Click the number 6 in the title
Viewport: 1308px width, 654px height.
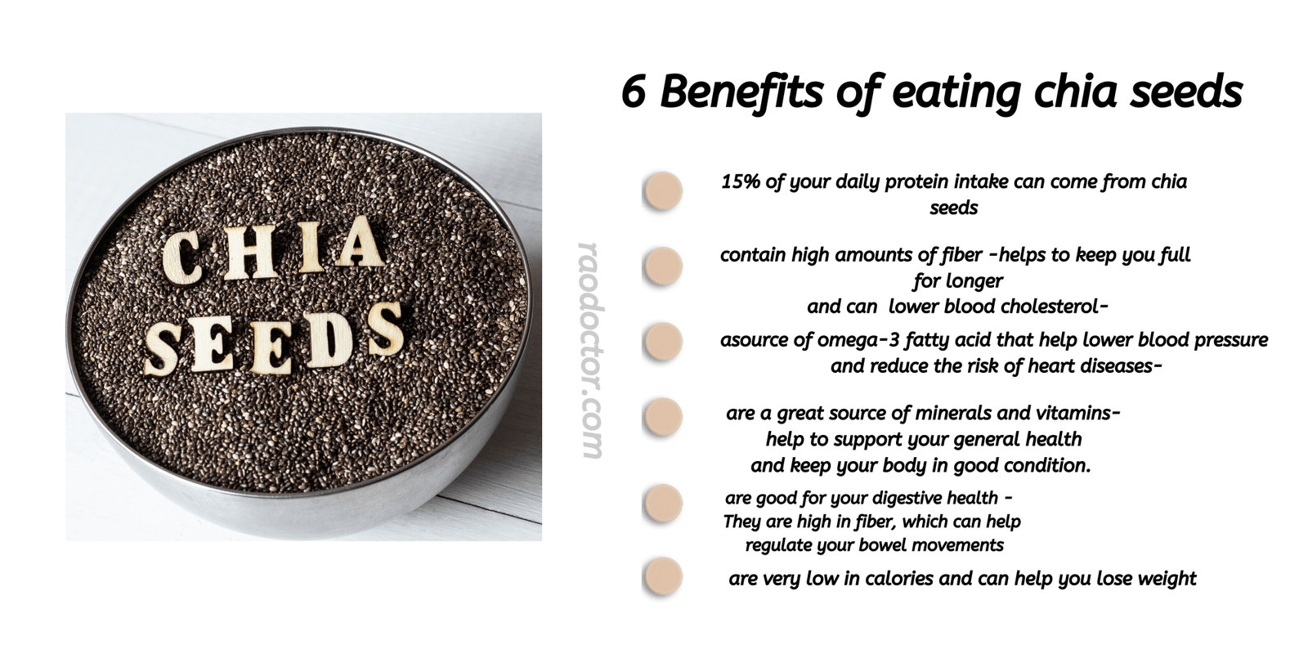tap(634, 91)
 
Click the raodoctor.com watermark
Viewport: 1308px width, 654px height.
tap(590, 350)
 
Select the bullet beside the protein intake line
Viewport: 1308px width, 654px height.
tap(662, 191)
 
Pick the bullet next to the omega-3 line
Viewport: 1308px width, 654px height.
tap(662, 342)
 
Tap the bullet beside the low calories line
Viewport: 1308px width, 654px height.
tap(662, 576)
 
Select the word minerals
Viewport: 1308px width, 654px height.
tap(950, 413)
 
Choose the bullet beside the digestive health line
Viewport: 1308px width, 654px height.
tap(662, 503)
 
